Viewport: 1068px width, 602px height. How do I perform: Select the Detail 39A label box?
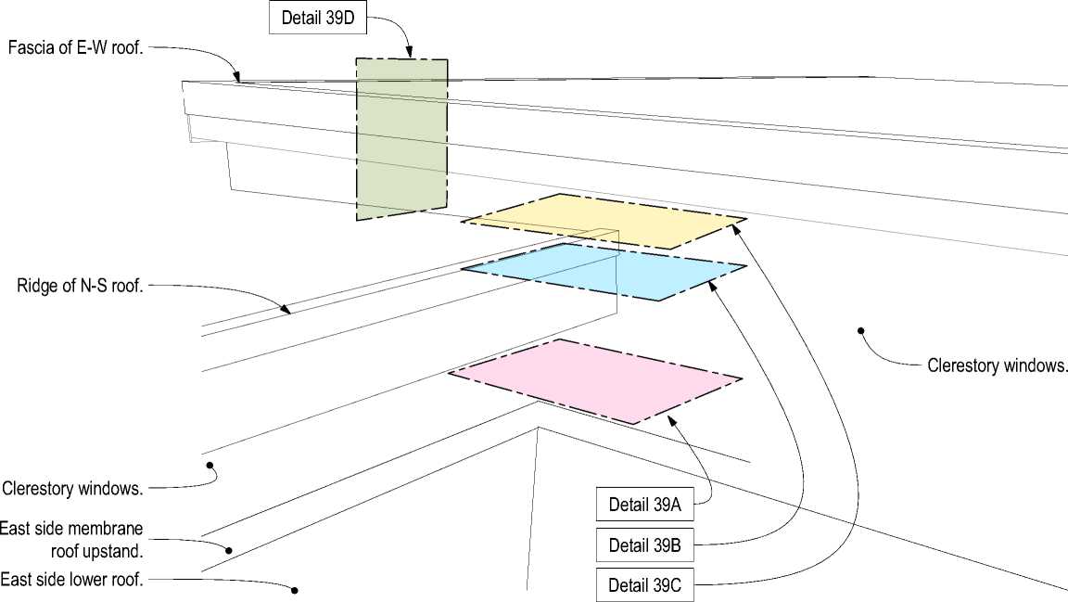[x=644, y=506]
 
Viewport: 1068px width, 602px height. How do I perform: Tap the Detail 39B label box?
[x=644, y=545]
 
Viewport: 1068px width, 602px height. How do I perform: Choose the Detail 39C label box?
[x=644, y=585]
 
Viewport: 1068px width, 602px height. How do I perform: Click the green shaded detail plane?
[x=400, y=139]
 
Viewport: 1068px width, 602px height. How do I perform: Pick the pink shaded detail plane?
[x=596, y=380]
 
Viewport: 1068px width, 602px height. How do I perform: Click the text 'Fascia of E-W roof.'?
[x=76, y=47]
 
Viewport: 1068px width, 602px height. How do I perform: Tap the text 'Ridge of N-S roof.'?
[x=81, y=286]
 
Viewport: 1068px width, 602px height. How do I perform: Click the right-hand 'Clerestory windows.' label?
[x=997, y=365]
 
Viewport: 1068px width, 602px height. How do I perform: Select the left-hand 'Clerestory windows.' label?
[x=72, y=488]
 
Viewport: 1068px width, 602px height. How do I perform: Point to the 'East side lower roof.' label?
[x=72, y=580]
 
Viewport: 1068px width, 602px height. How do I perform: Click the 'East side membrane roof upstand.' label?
[x=72, y=539]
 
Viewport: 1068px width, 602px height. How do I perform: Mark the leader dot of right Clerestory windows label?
[x=861, y=330]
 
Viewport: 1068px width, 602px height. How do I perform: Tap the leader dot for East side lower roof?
[x=295, y=590]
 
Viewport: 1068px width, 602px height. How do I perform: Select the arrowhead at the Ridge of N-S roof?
[x=286, y=310]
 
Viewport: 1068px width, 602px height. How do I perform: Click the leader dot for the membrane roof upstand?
[x=228, y=550]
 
